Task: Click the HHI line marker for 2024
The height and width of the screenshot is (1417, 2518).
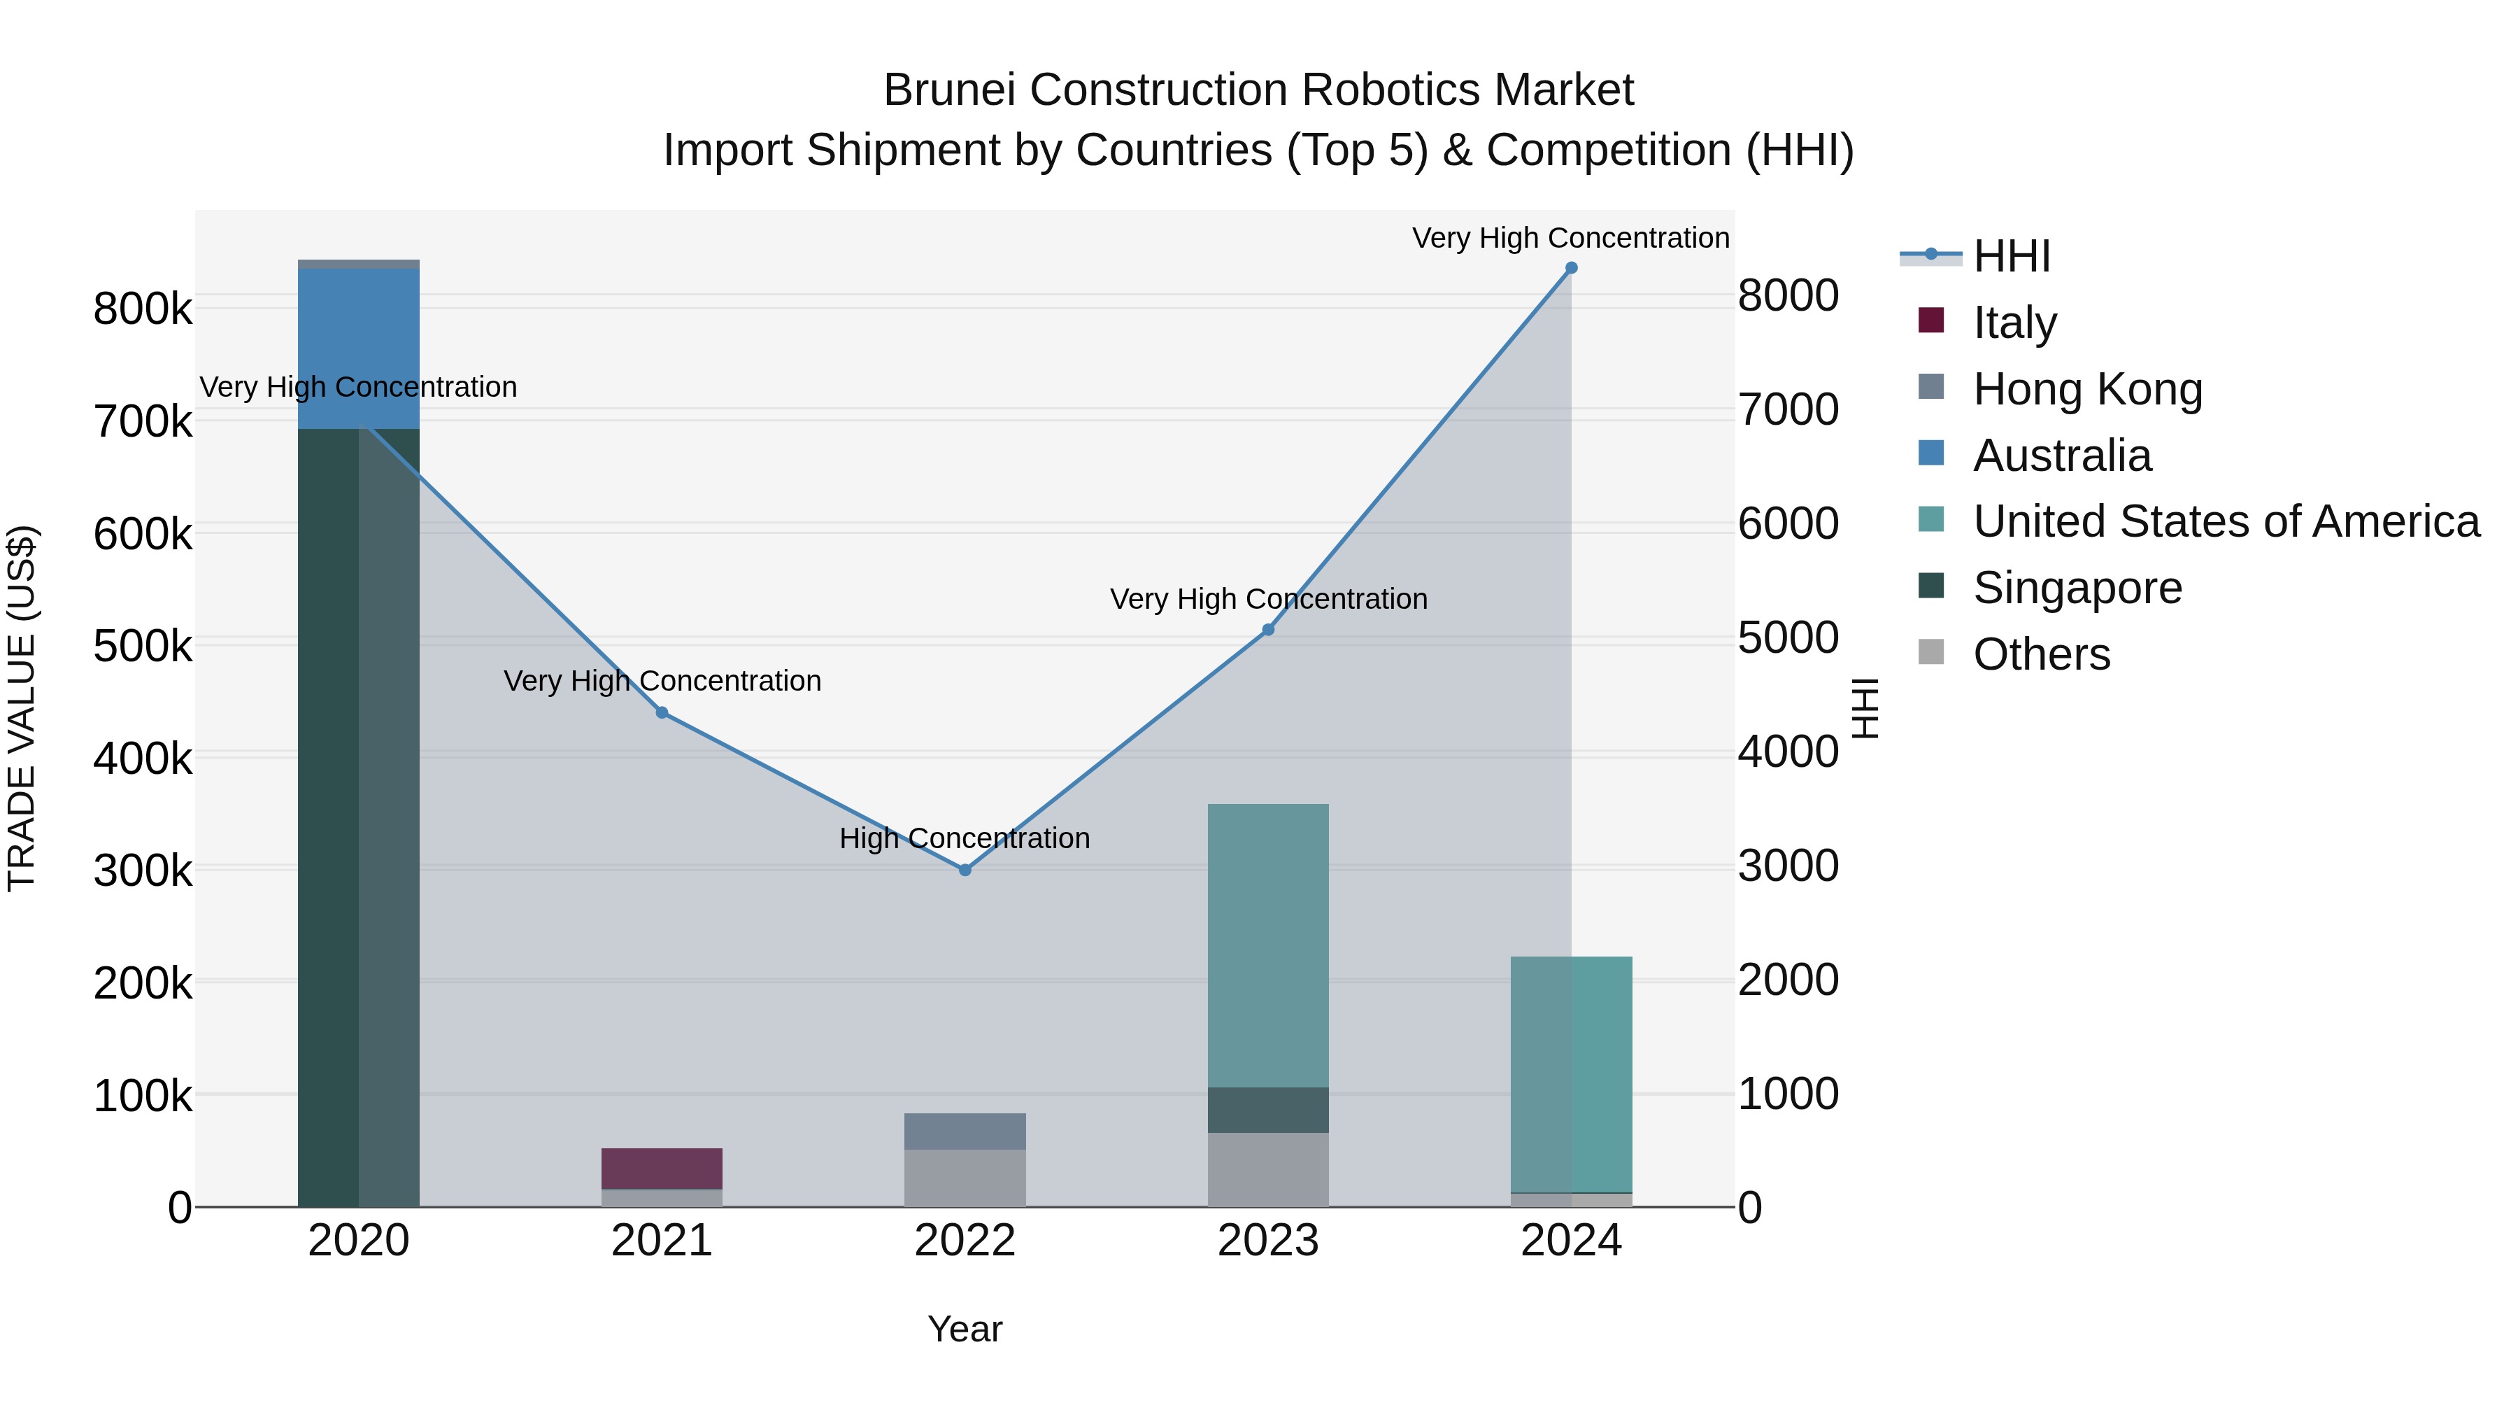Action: coord(1571,268)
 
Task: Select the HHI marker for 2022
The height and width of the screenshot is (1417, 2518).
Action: coord(965,869)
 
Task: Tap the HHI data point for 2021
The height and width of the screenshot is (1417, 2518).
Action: coord(662,713)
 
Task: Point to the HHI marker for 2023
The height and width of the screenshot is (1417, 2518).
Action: coord(1268,630)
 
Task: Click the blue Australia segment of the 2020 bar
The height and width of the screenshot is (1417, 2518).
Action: coord(359,348)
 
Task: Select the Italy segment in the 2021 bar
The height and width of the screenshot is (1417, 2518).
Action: coord(662,1168)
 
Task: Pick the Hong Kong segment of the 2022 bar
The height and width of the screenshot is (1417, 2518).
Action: coord(965,1132)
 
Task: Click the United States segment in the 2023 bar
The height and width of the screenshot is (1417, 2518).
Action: coord(1268,945)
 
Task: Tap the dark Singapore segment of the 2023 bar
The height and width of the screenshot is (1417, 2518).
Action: coord(1268,1110)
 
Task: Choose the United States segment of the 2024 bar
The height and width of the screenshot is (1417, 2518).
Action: coord(1571,1073)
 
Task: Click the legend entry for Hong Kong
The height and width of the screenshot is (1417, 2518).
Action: coord(2087,389)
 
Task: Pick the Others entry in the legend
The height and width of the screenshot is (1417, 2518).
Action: coord(2041,654)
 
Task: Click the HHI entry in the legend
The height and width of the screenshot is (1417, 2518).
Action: coord(2011,256)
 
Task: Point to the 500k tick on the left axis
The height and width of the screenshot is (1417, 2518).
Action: coord(143,645)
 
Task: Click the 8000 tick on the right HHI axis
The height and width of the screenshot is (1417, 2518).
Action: coord(1788,295)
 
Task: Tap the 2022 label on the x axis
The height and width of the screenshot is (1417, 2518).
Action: coord(965,1241)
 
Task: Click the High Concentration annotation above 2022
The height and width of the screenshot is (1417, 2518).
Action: coord(965,838)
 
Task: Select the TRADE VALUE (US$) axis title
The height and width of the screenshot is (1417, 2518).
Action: coord(22,708)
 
